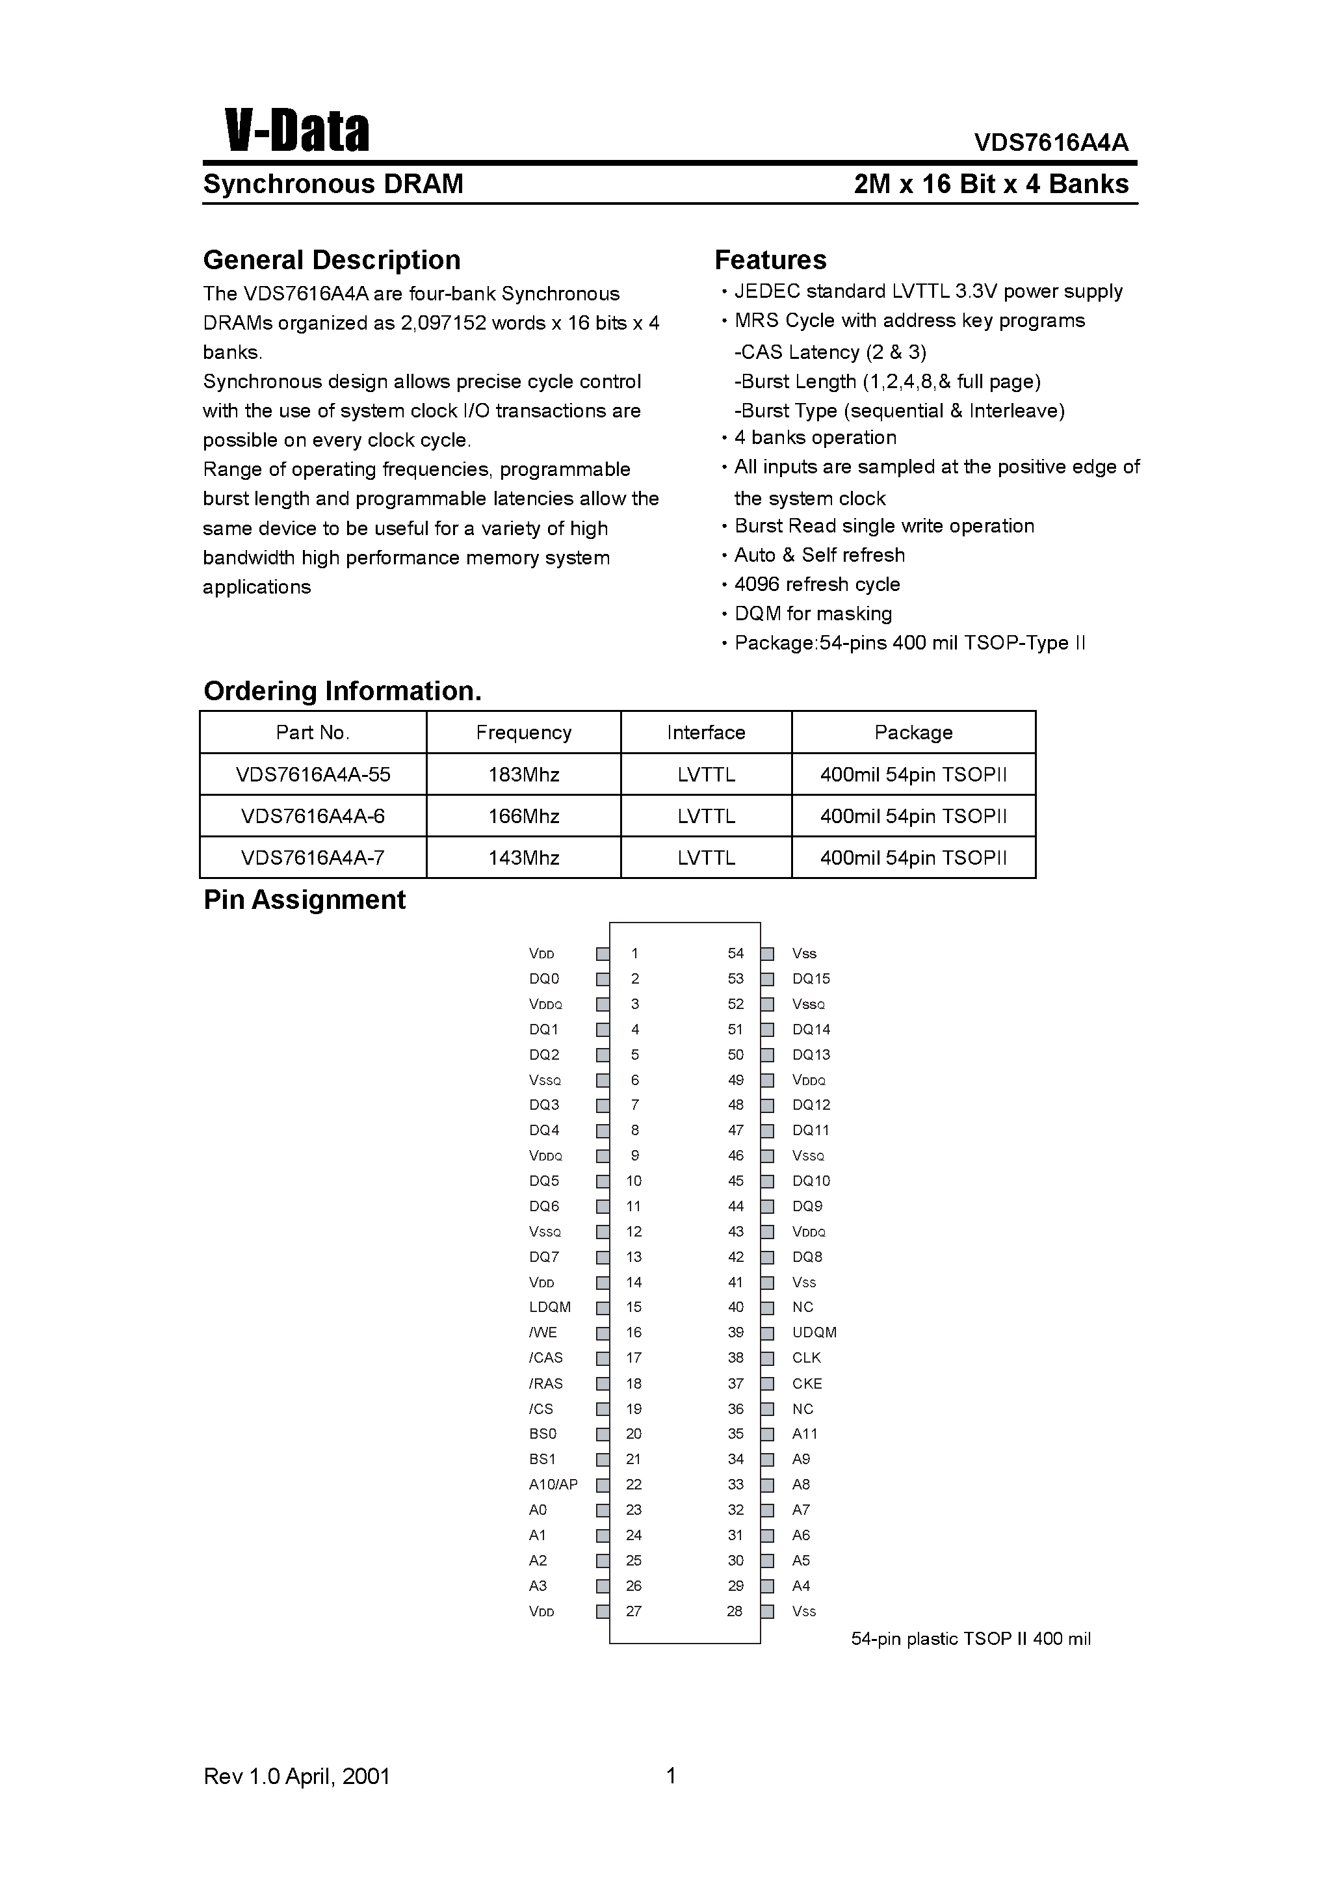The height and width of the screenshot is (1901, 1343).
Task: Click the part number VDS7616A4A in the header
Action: click(x=1050, y=142)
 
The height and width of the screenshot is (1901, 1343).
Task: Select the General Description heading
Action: click(x=331, y=260)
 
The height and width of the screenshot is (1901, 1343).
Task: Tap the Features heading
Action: click(x=770, y=260)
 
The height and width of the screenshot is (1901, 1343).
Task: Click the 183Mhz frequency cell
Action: click(x=523, y=775)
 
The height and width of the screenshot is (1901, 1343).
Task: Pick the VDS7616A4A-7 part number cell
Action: click(x=312, y=858)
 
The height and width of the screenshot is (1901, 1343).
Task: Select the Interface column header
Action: click(x=705, y=733)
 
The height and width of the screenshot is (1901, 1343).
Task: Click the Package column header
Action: click(x=913, y=733)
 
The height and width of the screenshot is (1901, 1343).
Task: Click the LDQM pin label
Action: click(x=550, y=1307)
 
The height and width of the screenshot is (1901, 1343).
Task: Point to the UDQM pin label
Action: click(x=814, y=1333)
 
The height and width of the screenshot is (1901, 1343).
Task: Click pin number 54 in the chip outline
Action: click(x=735, y=954)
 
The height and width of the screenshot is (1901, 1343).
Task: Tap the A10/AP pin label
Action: click(x=553, y=1484)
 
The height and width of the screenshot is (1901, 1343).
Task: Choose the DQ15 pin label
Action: click(x=811, y=978)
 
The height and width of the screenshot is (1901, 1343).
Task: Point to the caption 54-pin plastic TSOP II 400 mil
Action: click(x=971, y=1638)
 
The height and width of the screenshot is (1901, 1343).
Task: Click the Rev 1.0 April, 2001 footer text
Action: click(x=296, y=1776)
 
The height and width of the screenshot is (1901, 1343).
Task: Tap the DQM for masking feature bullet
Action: click(x=813, y=614)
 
